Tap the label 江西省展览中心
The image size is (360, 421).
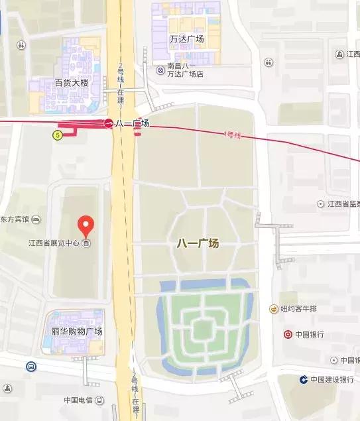coord(54,243)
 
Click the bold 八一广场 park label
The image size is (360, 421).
coord(198,243)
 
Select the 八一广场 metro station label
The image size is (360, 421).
coord(132,123)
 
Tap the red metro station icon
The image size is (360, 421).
coord(108,123)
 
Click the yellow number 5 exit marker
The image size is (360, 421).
coord(58,135)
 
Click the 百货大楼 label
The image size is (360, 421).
coord(72,83)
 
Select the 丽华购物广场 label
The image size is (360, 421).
coord(77,331)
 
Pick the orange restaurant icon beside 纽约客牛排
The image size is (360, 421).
coord(273,309)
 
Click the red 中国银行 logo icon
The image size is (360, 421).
coord(288,334)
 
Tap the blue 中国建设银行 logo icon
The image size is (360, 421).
coord(303,380)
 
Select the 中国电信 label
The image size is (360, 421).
coord(78,400)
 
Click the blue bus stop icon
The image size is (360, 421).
coord(31,366)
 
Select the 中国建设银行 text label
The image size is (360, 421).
coord(332,380)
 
